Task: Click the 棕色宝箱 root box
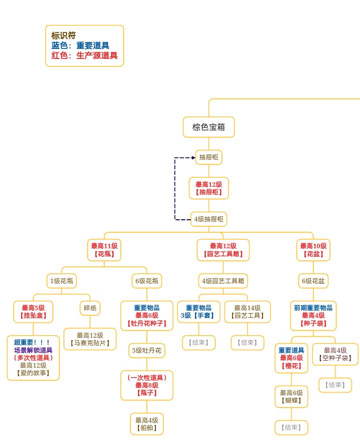point(208,127)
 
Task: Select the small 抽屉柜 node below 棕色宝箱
point(208,157)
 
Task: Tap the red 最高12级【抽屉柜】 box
point(208,188)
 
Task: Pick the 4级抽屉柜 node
point(208,219)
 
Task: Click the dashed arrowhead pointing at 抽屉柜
point(193,157)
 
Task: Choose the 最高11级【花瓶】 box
point(104,250)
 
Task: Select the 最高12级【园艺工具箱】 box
point(223,250)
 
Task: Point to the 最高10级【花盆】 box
point(313,250)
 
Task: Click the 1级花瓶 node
point(61,281)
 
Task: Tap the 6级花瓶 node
point(147,281)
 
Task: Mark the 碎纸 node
point(90,308)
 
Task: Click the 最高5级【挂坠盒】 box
point(33,312)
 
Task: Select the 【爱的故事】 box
point(33,358)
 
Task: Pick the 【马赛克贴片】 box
point(90,339)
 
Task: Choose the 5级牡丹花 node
point(147,351)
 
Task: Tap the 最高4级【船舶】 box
point(147,424)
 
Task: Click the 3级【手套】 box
point(198,312)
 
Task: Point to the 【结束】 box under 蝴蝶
point(291,428)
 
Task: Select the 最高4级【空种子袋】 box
point(335,354)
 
